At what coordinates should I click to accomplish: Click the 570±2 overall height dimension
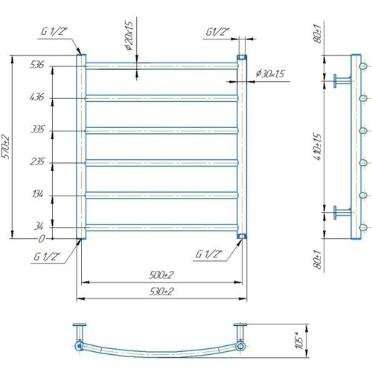[x=5, y=147]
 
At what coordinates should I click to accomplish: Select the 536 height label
[x=37, y=65]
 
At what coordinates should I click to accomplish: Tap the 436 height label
[x=37, y=97]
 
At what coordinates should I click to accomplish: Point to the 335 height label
[x=38, y=129]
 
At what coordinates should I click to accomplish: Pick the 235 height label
[x=37, y=161]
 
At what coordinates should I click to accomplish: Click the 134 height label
[x=38, y=193]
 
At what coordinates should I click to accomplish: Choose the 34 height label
[x=39, y=226]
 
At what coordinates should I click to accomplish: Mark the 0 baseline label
[x=42, y=239]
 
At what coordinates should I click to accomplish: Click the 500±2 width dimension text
[x=161, y=275]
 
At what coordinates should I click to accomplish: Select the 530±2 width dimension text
[x=161, y=292]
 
